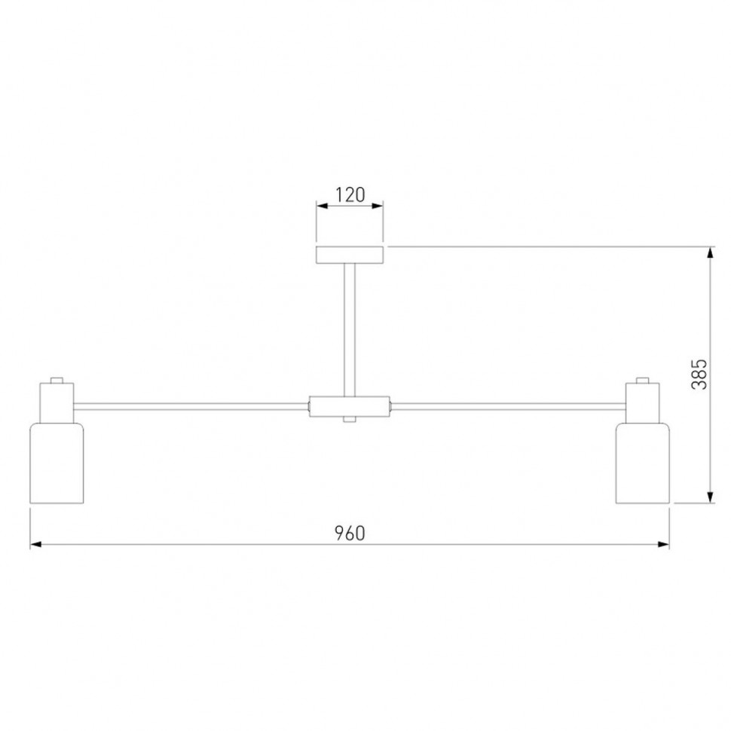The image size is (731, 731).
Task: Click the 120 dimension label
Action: (350, 194)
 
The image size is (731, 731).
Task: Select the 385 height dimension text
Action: (699, 375)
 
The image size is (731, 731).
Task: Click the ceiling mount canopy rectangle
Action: (350, 255)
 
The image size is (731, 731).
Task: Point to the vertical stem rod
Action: (350, 330)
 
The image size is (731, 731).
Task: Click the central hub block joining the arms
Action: (350, 406)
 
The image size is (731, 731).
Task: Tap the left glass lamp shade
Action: (57, 463)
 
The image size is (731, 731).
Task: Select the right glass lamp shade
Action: (643, 463)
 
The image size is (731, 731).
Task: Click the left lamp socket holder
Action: (57, 402)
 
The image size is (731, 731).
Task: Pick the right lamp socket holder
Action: (643, 402)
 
